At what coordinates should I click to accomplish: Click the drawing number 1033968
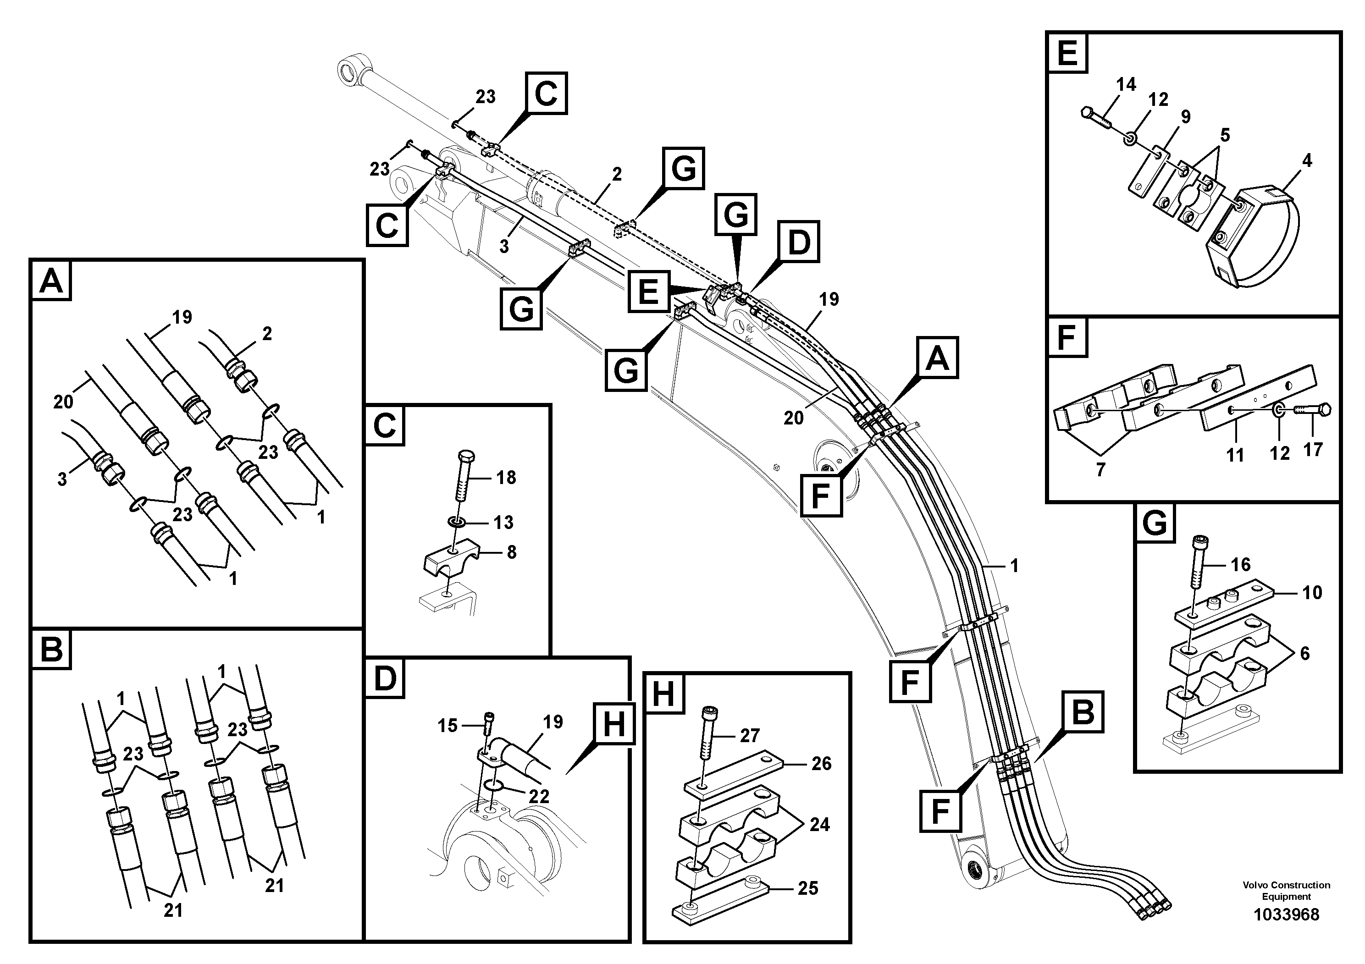click(x=1286, y=914)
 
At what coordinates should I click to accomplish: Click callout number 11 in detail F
click(x=1235, y=455)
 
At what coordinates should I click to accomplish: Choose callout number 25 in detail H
click(x=808, y=888)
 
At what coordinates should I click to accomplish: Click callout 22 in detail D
click(x=539, y=796)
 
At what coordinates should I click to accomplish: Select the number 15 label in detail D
click(x=447, y=725)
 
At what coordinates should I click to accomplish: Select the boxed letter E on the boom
click(x=648, y=291)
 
